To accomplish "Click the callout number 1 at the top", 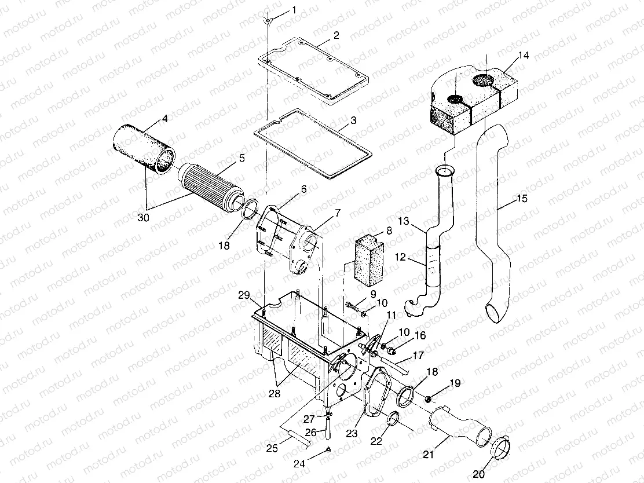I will click(294, 10).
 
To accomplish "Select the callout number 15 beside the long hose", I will click(521, 199).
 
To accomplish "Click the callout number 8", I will click(389, 230).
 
